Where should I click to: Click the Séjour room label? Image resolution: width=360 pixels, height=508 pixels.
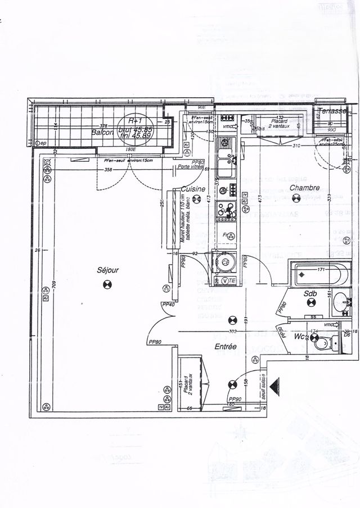[x=108, y=270]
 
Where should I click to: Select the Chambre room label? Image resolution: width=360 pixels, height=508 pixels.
[x=304, y=188]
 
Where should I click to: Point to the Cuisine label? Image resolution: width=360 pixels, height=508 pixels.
[x=193, y=189]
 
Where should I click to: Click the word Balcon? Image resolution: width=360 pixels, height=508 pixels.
[x=103, y=132]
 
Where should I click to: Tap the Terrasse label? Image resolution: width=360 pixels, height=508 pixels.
[x=330, y=111]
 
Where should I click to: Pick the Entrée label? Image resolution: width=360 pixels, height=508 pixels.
[x=225, y=347]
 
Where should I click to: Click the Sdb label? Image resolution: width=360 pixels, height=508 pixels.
[x=310, y=293]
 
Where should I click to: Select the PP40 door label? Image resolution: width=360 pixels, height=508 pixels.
[x=168, y=304]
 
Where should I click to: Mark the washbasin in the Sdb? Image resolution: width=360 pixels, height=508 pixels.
[x=341, y=303]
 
